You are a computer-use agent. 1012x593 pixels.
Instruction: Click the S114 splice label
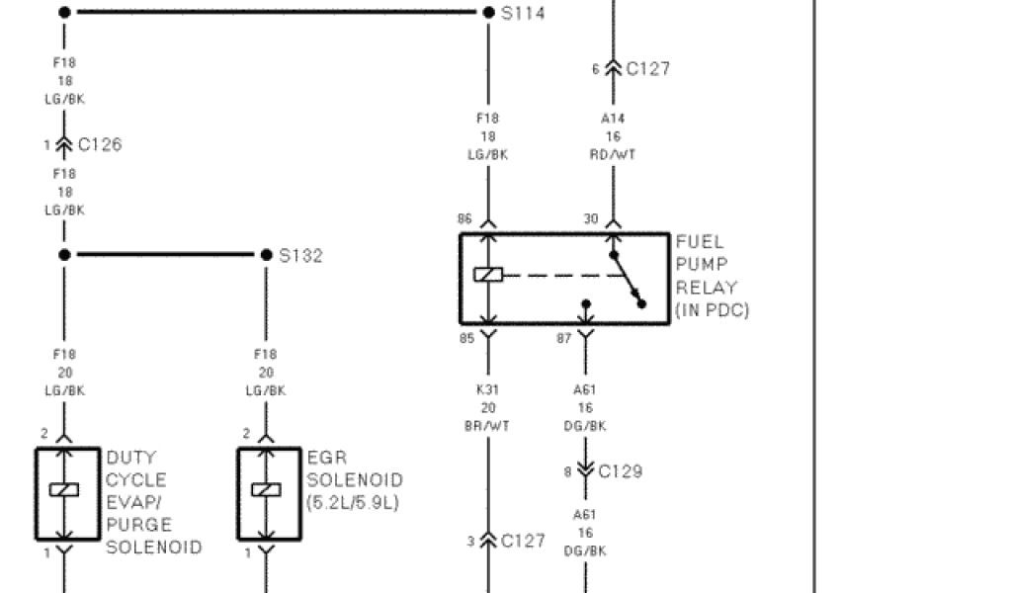click(523, 14)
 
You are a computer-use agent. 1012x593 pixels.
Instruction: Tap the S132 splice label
click(300, 256)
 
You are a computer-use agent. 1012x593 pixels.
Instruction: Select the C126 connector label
click(100, 144)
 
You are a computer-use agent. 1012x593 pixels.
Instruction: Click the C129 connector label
click(620, 471)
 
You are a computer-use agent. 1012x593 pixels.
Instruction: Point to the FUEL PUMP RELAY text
click(712, 276)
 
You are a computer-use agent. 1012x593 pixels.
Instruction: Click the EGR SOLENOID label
click(354, 480)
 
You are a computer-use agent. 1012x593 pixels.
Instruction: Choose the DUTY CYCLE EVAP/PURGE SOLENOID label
click(153, 503)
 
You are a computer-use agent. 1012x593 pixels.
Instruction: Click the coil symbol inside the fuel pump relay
click(488, 275)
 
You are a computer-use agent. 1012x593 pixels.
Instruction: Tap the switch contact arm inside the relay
click(628, 280)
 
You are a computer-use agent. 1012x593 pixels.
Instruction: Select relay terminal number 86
click(464, 219)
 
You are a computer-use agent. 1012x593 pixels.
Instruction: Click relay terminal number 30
click(591, 219)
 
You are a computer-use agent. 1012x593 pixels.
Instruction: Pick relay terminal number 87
click(563, 339)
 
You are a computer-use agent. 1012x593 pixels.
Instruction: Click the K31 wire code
click(487, 390)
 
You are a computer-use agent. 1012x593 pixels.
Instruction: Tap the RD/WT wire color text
click(613, 154)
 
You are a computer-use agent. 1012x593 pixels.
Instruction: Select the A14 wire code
click(613, 119)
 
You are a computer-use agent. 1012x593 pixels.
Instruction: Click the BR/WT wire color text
click(487, 426)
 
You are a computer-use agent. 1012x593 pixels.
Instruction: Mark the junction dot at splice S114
click(489, 13)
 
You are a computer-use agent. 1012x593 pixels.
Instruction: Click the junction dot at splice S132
click(266, 255)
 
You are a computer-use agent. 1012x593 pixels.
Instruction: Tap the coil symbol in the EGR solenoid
click(265, 489)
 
